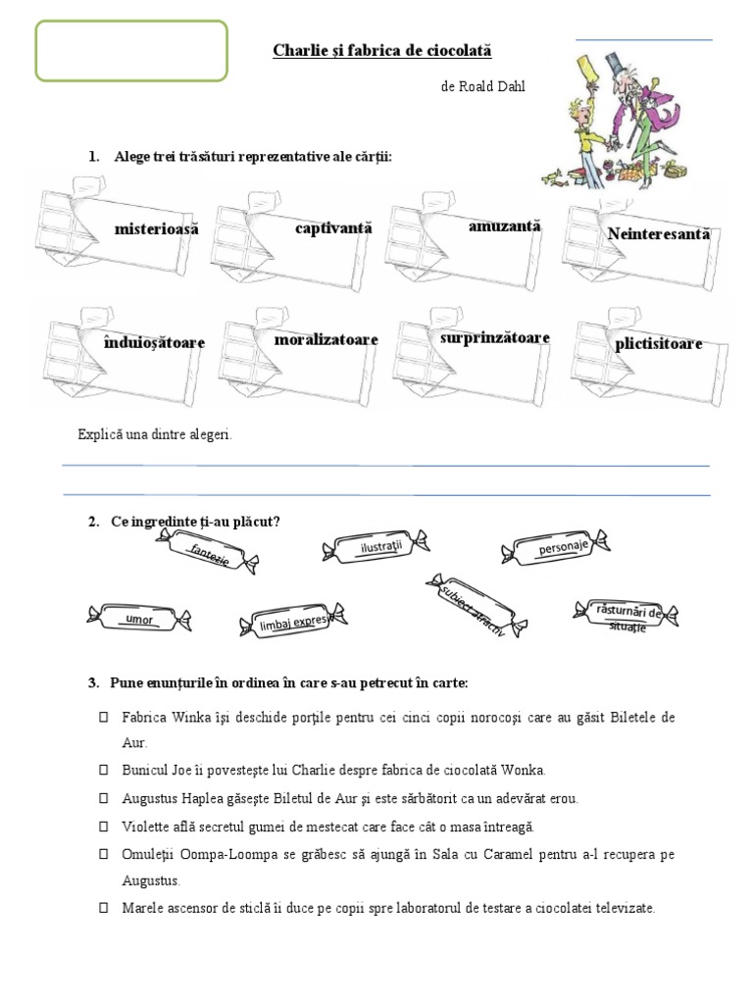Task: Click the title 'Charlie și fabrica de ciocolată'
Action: (x=381, y=50)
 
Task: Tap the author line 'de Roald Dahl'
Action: (x=483, y=87)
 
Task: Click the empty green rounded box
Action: (x=132, y=49)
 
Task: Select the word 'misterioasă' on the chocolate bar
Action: (x=156, y=229)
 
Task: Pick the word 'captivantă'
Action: (x=333, y=228)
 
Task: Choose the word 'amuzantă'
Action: (x=504, y=226)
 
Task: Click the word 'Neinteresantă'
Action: (x=658, y=234)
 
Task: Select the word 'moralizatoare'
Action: (x=326, y=339)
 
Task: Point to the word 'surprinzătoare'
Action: (x=495, y=338)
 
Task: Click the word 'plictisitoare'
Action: (x=659, y=344)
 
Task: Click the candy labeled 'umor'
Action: (x=139, y=619)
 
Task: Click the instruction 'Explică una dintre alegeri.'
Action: (x=154, y=434)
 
